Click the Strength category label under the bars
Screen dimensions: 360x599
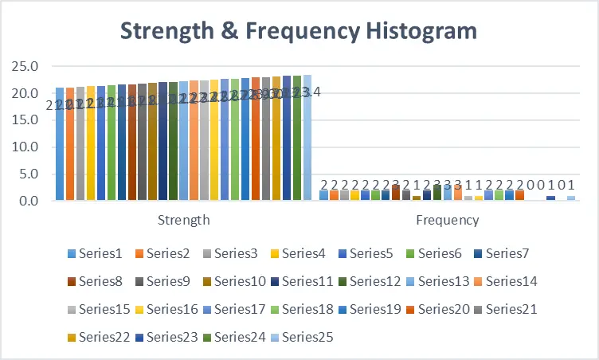(x=183, y=220)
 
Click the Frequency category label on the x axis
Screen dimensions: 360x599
(x=447, y=220)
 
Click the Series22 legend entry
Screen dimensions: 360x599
(x=103, y=337)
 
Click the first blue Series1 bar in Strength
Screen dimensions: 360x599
(x=60, y=144)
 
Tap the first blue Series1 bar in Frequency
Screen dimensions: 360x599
(x=323, y=195)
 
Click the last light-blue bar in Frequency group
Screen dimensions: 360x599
(x=571, y=198)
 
